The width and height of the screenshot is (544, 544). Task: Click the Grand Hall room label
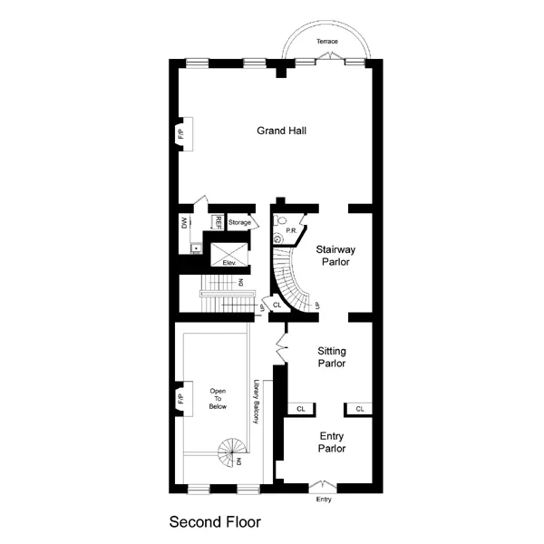(281, 131)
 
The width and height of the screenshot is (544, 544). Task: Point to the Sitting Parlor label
(333, 356)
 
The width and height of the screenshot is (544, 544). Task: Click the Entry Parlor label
(331, 442)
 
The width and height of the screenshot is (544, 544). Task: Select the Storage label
(239, 223)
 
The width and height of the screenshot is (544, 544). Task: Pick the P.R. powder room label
(292, 230)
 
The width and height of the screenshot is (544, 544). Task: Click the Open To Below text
(218, 399)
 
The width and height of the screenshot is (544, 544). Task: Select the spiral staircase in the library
(232, 452)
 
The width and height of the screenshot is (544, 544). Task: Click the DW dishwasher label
(184, 222)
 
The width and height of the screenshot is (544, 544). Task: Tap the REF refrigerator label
(218, 222)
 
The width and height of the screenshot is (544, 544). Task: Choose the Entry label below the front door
(324, 500)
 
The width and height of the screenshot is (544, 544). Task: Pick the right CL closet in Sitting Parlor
(359, 409)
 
